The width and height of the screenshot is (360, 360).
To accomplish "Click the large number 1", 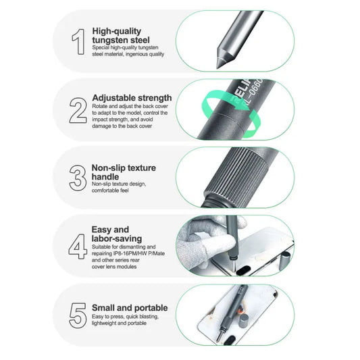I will [x=78, y=41].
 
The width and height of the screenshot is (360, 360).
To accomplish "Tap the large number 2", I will [x=78, y=110].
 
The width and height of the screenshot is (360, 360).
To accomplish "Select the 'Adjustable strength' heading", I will [x=132, y=98].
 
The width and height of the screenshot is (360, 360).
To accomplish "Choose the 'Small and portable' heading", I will [x=129, y=308].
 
